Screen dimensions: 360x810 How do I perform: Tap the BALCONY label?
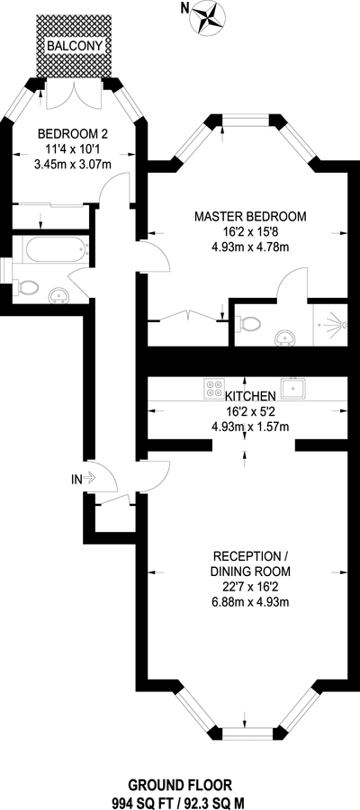coord(73,47)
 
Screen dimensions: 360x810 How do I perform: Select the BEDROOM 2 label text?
coord(73,135)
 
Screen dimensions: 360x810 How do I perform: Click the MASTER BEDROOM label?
coord(250,216)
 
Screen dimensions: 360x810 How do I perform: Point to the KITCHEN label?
coord(249,396)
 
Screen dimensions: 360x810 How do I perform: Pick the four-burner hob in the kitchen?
coord(214,388)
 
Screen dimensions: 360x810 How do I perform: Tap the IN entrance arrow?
coord(83,479)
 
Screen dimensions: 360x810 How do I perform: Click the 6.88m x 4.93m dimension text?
coord(250,602)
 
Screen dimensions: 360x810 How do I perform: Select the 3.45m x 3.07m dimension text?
coord(73,165)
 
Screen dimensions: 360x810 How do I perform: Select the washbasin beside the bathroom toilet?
coord(59,295)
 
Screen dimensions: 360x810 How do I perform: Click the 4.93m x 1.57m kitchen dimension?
coord(249,427)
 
